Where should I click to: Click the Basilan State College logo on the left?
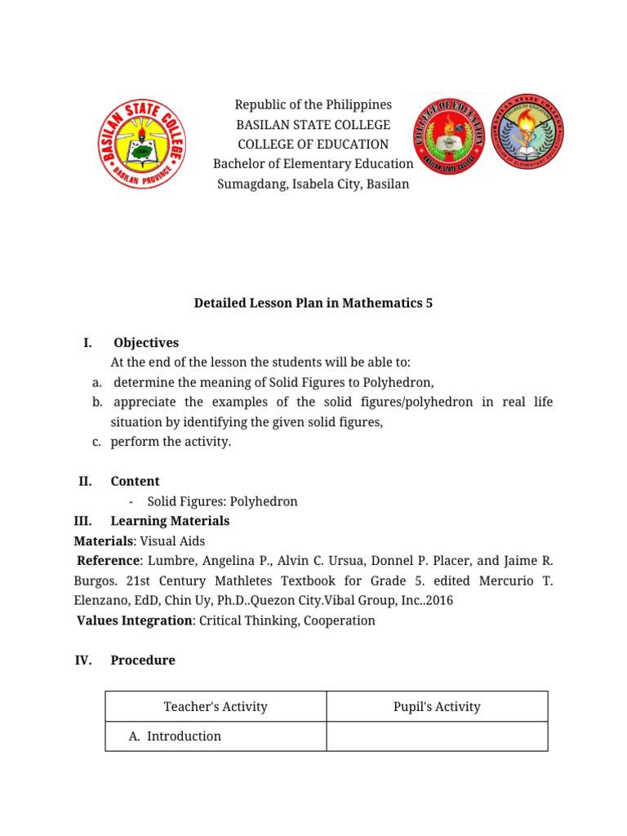click(x=144, y=143)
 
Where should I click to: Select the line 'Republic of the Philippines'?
click(x=313, y=104)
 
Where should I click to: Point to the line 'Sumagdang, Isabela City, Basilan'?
click(x=313, y=184)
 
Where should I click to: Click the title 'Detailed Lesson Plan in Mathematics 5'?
click(x=313, y=303)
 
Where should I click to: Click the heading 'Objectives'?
click(x=146, y=343)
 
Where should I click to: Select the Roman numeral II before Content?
click(x=85, y=482)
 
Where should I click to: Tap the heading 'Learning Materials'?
click(x=170, y=521)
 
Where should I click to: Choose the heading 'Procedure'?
click(x=143, y=660)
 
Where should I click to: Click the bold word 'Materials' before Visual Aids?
click(x=104, y=540)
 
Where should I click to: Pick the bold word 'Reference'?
click(x=109, y=561)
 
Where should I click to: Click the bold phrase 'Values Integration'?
click(x=134, y=620)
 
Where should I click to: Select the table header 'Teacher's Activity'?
click(x=216, y=707)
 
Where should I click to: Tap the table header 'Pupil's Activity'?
click(x=437, y=707)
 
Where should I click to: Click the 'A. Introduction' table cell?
click(x=176, y=736)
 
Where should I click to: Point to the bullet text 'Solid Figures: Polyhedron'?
click(x=222, y=501)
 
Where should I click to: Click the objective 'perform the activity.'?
click(x=171, y=442)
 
